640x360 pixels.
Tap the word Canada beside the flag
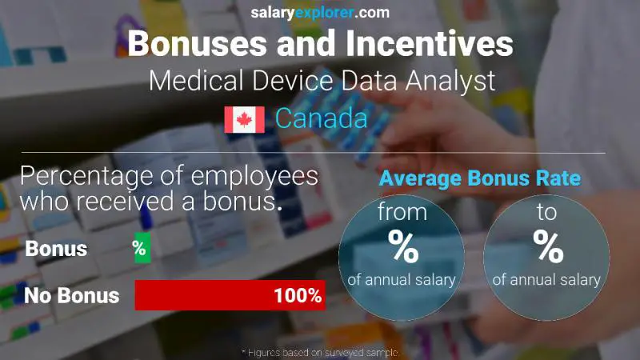tap(322, 119)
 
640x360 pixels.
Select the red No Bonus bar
tap(230, 295)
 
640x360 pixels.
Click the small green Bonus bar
tap(142, 249)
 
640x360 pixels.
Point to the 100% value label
tap(297, 296)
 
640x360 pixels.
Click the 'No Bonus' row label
tap(72, 296)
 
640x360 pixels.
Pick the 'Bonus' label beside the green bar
tap(56, 249)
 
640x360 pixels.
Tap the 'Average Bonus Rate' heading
tap(479, 179)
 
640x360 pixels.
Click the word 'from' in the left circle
tap(403, 213)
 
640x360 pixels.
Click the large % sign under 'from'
tap(403, 249)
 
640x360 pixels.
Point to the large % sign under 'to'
tap(548, 249)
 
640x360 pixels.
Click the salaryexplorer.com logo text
tap(320, 12)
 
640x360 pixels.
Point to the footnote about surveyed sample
tap(320, 352)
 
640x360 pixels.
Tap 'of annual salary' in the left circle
tap(402, 280)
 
